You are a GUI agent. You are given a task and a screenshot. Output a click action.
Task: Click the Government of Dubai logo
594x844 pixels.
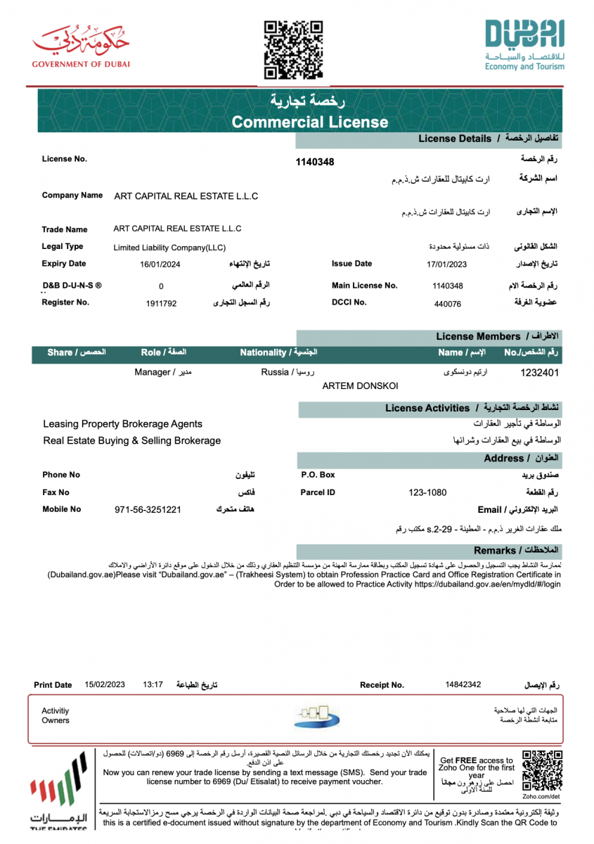pos(81,46)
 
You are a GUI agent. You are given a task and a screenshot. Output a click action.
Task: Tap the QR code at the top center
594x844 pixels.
pos(293,49)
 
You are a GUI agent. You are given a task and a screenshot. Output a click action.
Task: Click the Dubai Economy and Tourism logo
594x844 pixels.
pos(524,46)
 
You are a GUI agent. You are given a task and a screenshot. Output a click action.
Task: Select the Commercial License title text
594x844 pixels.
pos(310,122)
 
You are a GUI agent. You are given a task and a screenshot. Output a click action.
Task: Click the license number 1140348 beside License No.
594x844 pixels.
pos(315,162)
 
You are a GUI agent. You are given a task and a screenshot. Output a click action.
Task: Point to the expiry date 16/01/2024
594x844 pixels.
pos(161,264)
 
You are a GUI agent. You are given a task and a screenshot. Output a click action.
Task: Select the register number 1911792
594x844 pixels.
pos(161,303)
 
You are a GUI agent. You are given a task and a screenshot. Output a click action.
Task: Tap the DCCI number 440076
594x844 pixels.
pos(448,304)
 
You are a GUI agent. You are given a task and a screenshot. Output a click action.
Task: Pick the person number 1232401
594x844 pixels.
pos(539,372)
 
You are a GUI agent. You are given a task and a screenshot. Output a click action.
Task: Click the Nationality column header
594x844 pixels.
pos(278,352)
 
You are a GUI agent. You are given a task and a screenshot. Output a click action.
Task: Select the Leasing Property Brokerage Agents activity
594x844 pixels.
pos(122,424)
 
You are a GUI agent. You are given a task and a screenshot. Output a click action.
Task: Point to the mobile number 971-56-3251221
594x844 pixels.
pos(148,509)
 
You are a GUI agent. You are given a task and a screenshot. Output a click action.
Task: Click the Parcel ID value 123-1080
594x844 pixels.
pos(427,492)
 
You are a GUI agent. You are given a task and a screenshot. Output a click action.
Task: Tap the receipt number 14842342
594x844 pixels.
pos(463,684)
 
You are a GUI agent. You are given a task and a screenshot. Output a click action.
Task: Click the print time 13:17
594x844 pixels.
pos(153,684)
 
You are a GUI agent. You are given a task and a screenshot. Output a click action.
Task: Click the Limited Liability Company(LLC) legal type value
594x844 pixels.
pos(169,248)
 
